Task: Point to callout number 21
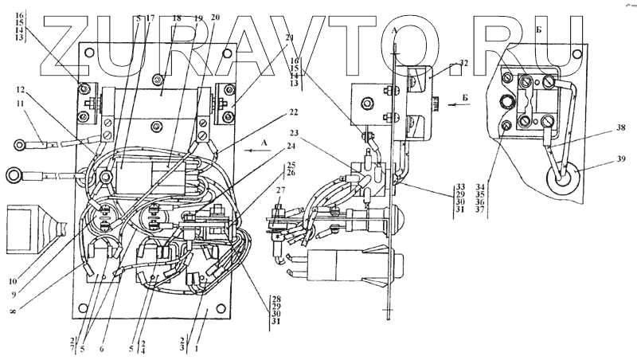click(290, 38)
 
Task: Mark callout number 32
click(464, 63)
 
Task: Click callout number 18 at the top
click(177, 17)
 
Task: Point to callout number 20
click(216, 17)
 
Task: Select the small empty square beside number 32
click(453, 69)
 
